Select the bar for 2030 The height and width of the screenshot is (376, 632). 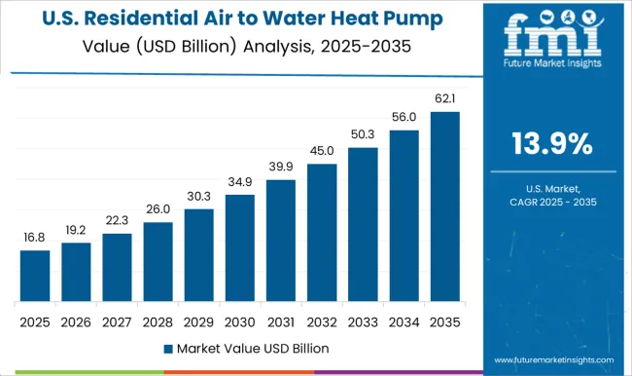click(239, 247)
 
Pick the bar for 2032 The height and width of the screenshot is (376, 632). click(322, 233)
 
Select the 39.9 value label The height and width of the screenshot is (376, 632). click(281, 168)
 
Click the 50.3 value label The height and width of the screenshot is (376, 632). click(364, 134)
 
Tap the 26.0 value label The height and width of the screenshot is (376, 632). click(158, 209)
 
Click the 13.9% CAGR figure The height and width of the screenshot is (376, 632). click(552, 144)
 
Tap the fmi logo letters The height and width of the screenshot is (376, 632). click(552, 38)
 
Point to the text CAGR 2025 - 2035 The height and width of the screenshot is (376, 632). click(552, 201)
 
